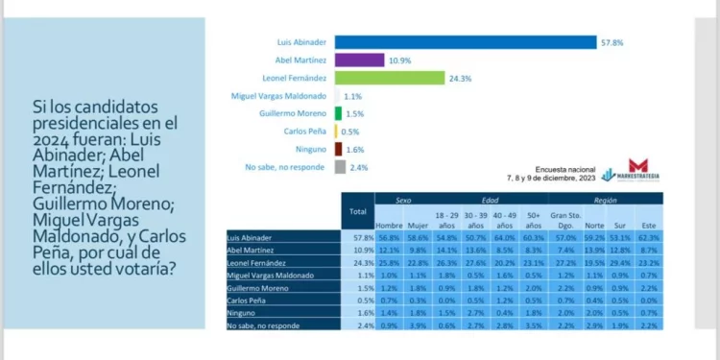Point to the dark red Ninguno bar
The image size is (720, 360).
[338, 149]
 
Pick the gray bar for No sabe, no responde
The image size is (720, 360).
[339, 167]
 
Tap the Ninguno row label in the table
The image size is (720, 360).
[241, 312]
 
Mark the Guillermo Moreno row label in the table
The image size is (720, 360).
[254, 286]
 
